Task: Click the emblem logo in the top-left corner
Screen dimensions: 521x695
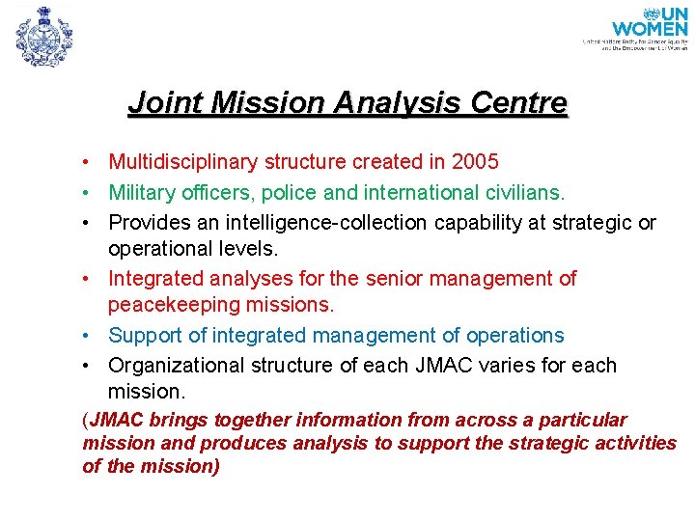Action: [x=43, y=36]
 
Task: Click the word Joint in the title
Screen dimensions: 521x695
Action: [x=158, y=103]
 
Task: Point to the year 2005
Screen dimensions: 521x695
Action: [x=474, y=162]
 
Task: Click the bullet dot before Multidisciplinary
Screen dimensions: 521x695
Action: [x=87, y=162]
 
